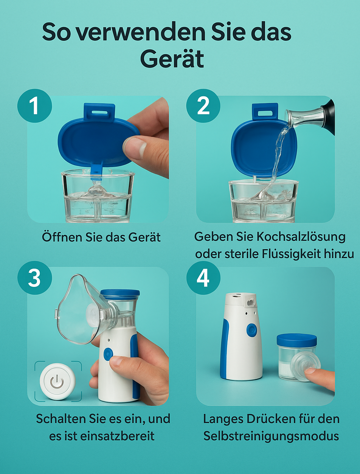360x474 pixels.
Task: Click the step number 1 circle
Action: (34, 106)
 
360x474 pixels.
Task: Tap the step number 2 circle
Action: (203, 106)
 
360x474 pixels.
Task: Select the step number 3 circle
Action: (34, 277)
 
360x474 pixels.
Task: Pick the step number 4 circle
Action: (203, 277)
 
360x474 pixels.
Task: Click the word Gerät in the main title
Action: (172, 58)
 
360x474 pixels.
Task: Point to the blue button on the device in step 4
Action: (251, 330)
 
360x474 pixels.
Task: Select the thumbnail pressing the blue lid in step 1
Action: (133, 148)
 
